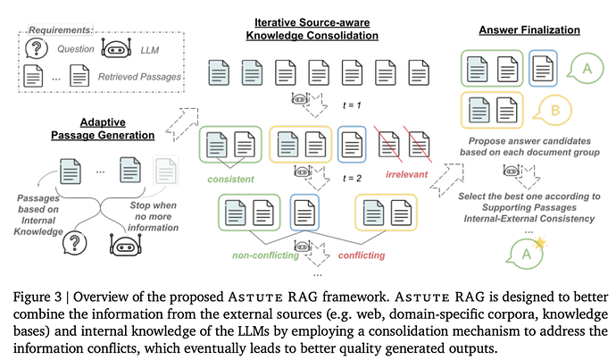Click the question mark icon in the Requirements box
(x=36, y=51)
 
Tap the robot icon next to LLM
(x=117, y=50)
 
